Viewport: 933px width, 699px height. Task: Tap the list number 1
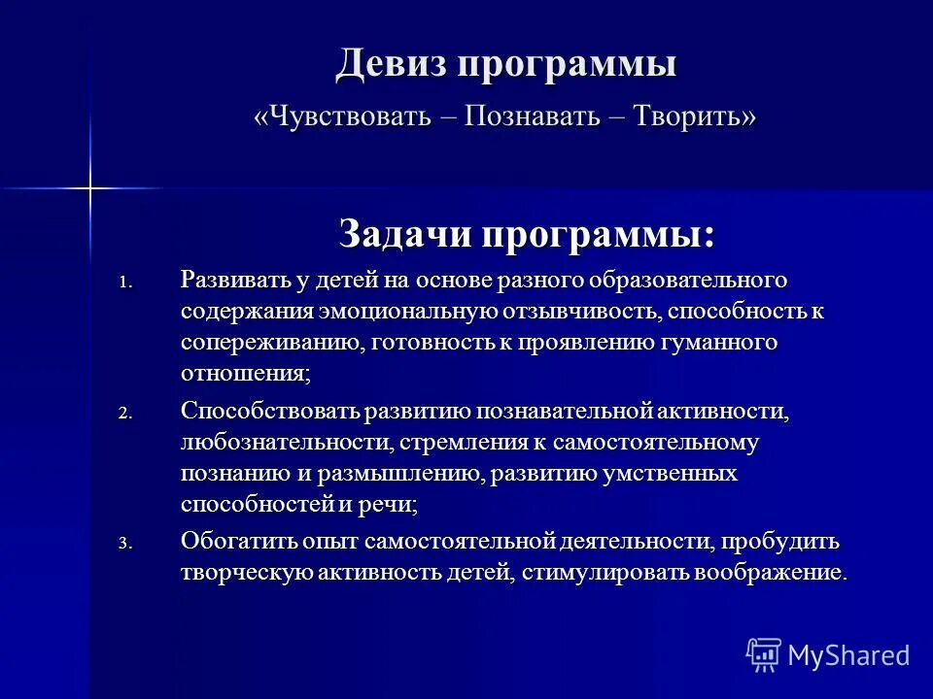123,283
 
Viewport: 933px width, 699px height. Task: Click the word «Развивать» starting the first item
236,281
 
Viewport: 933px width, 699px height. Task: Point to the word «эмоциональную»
407,312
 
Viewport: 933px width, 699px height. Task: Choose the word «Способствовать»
271,411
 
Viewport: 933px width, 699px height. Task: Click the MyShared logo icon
763,654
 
